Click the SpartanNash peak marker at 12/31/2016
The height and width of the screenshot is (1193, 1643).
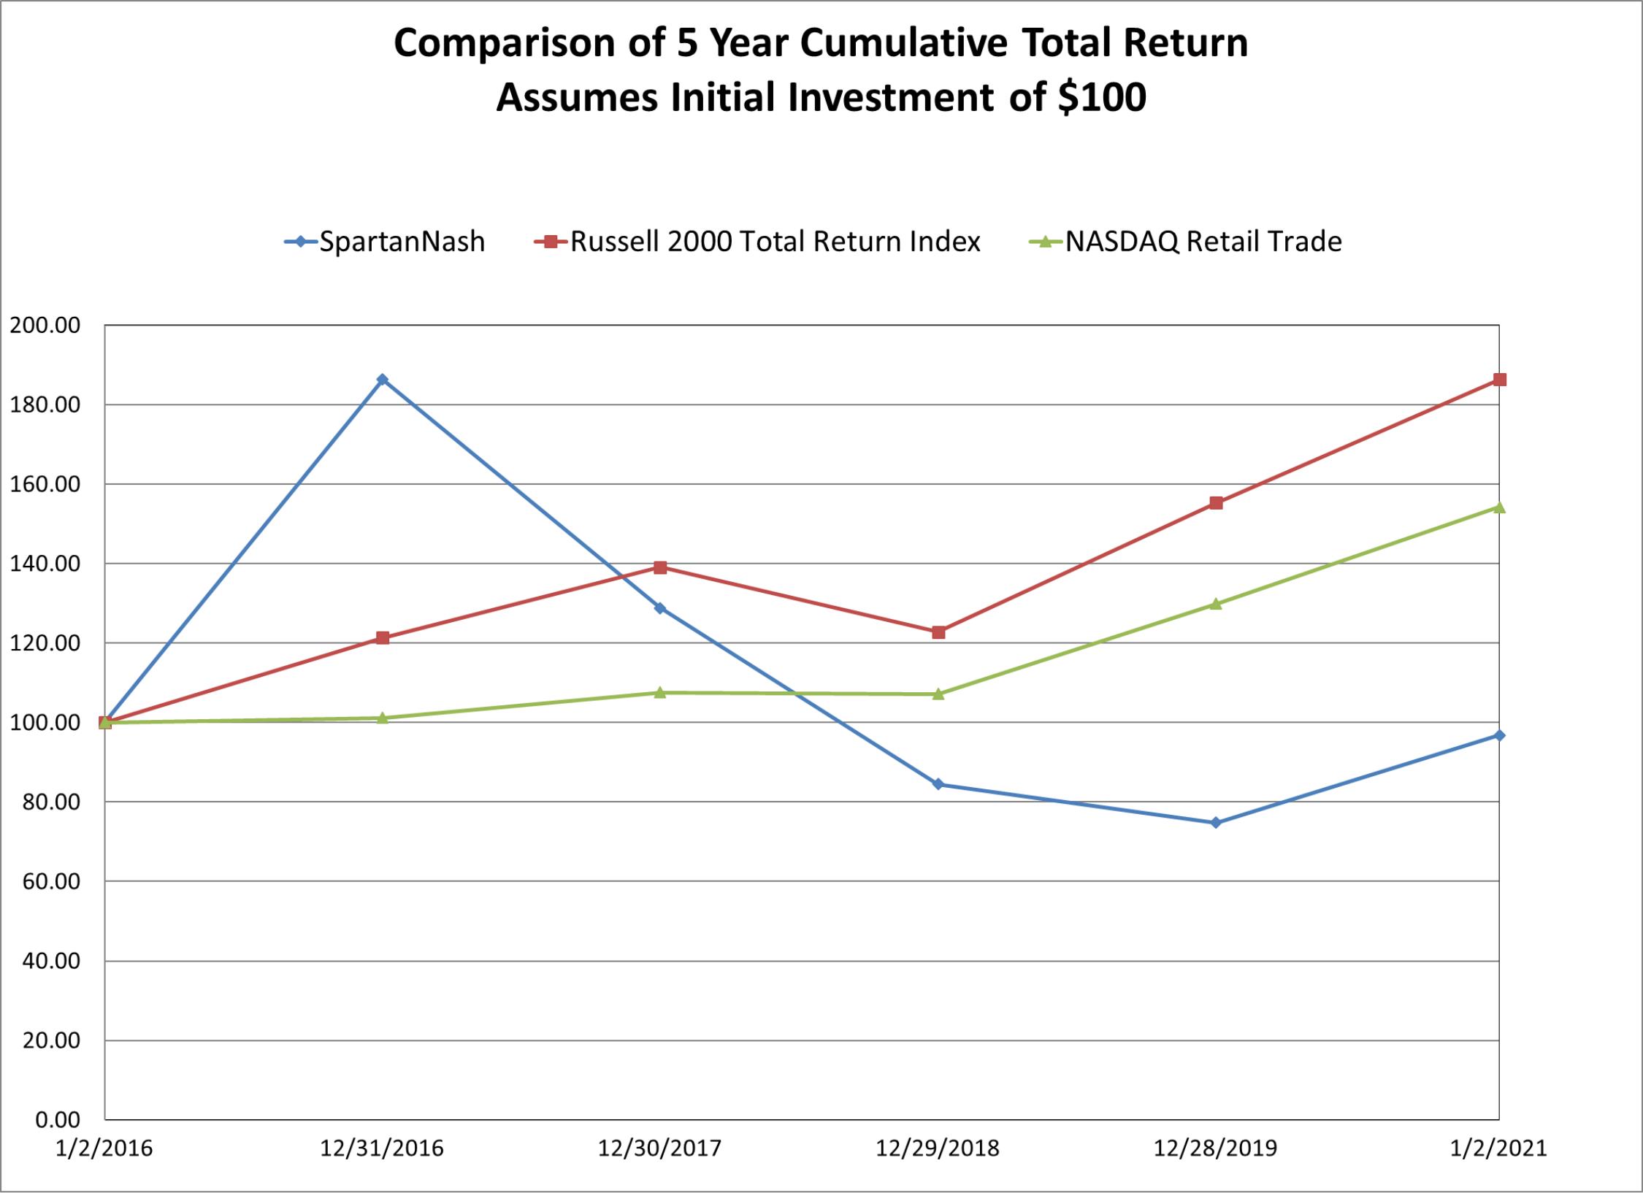[x=382, y=380]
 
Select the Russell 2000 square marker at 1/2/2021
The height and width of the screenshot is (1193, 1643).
[x=1499, y=380]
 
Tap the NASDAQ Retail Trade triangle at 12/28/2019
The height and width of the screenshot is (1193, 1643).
[x=1216, y=604]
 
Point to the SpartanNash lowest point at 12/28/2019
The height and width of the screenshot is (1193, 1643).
[x=1216, y=823]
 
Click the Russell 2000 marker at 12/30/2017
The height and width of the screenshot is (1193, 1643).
[x=660, y=568]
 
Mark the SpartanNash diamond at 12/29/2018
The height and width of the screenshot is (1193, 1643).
[x=938, y=784]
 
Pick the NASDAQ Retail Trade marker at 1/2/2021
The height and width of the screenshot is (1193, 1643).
[x=1499, y=507]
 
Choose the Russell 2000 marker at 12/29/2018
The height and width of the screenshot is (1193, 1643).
[x=938, y=632]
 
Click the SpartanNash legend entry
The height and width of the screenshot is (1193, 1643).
[x=385, y=242]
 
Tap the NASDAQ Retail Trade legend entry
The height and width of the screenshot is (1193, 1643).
[x=1185, y=242]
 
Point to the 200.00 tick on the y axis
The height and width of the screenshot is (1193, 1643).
[x=45, y=326]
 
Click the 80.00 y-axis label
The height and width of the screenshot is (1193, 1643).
[x=51, y=802]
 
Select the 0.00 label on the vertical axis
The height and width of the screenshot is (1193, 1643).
[x=58, y=1120]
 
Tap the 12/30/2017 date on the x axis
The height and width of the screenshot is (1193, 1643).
[x=660, y=1148]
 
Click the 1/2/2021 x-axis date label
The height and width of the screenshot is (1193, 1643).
[x=1498, y=1148]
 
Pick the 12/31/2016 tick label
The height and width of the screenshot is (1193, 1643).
[x=382, y=1148]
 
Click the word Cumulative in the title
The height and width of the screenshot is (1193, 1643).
[x=904, y=42]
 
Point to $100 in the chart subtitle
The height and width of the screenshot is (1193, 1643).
[x=1102, y=97]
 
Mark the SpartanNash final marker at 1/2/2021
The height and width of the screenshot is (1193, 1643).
[x=1499, y=735]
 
